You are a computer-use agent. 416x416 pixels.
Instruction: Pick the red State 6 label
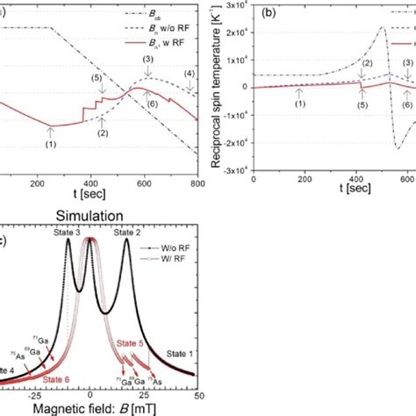click(x=57, y=379)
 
